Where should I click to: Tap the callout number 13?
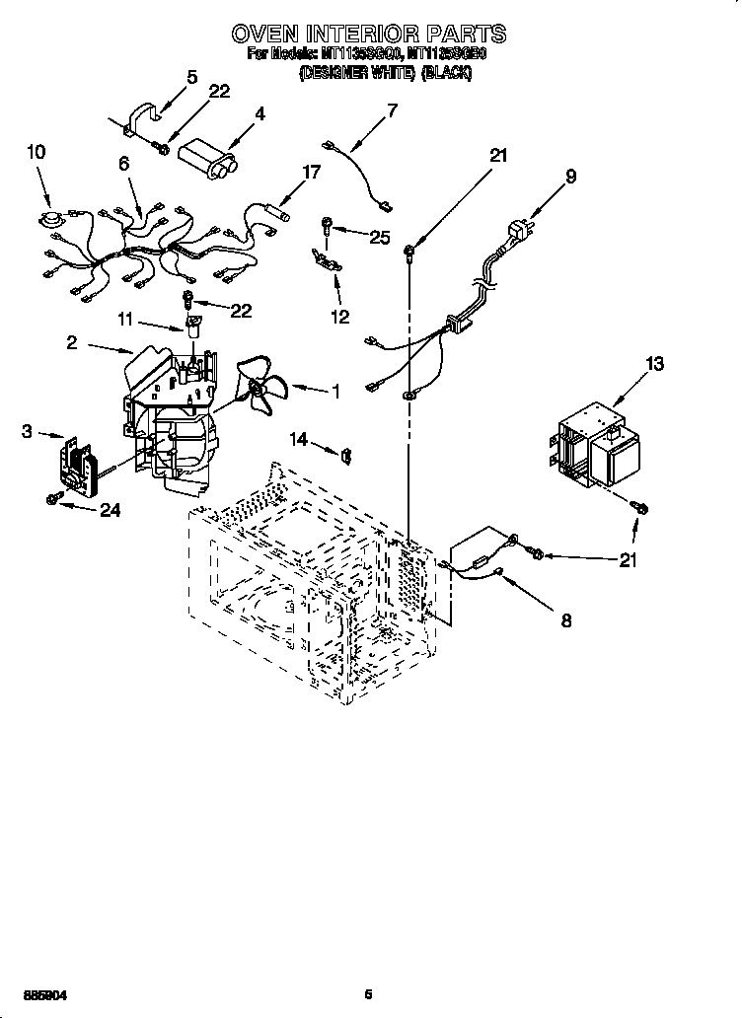pyautogui.click(x=654, y=365)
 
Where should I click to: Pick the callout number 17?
pyautogui.click(x=311, y=172)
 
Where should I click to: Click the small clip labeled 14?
pyautogui.click(x=345, y=454)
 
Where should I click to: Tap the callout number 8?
pyautogui.click(x=566, y=620)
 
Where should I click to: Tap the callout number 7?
pyautogui.click(x=392, y=110)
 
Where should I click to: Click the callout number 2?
pyautogui.click(x=72, y=342)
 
